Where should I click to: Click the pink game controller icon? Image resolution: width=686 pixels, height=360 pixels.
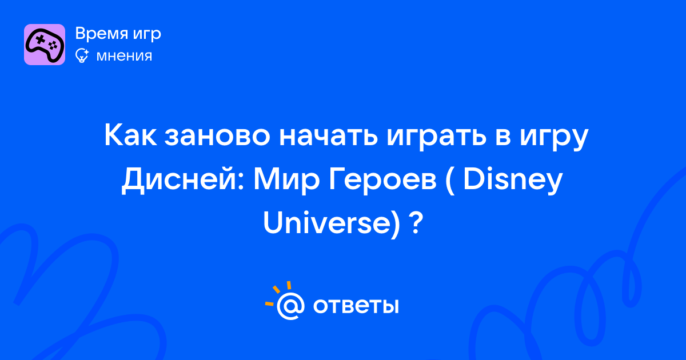(x=45, y=45)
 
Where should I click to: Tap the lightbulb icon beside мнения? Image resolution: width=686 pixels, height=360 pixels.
(x=82, y=56)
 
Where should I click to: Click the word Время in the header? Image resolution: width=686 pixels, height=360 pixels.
(x=101, y=34)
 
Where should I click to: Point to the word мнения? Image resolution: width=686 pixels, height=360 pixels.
(x=124, y=56)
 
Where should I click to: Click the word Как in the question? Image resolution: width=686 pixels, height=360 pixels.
(x=130, y=135)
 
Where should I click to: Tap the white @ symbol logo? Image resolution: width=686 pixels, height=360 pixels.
(x=290, y=306)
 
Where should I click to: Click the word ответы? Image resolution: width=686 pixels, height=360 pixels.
(x=356, y=306)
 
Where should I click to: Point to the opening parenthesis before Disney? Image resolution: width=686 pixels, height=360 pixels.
(x=449, y=181)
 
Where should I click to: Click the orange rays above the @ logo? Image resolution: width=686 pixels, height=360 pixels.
(x=278, y=293)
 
